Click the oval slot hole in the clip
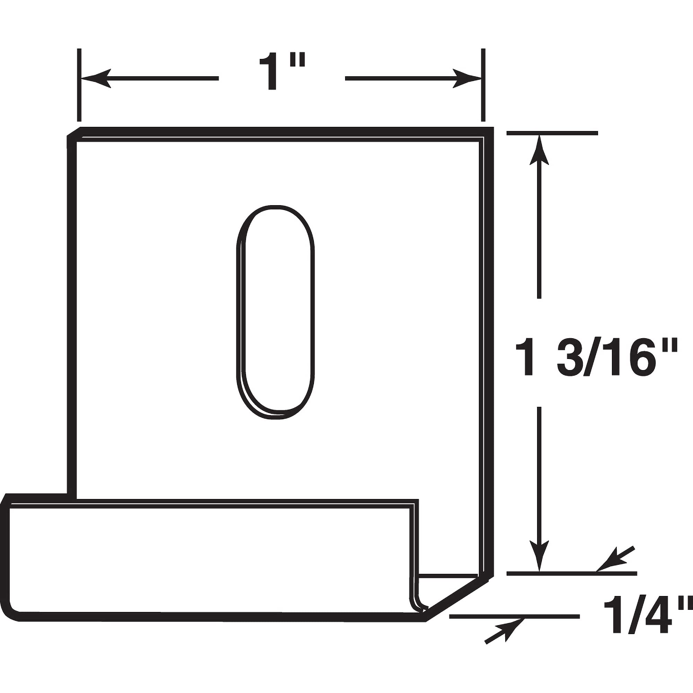click(275, 312)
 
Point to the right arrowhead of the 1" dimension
click(466, 78)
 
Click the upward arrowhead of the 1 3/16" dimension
click(539, 151)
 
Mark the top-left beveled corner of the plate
click(73, 132)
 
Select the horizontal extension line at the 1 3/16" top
click(552, 133)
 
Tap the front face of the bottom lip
click(208, 560)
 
